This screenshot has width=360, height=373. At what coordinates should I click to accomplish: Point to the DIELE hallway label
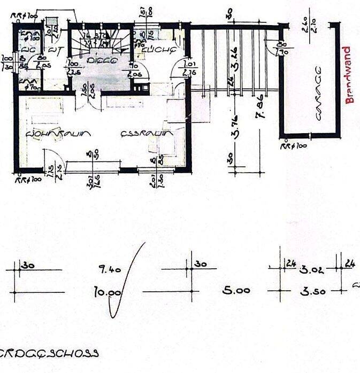102,60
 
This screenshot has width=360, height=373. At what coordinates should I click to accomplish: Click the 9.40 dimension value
110,269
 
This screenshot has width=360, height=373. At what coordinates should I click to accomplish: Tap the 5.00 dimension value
236,291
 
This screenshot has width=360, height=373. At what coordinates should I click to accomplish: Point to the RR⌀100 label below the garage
294,145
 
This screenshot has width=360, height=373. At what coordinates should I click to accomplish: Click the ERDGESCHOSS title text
51,353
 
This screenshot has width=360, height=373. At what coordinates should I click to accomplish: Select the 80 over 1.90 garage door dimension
282,49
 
